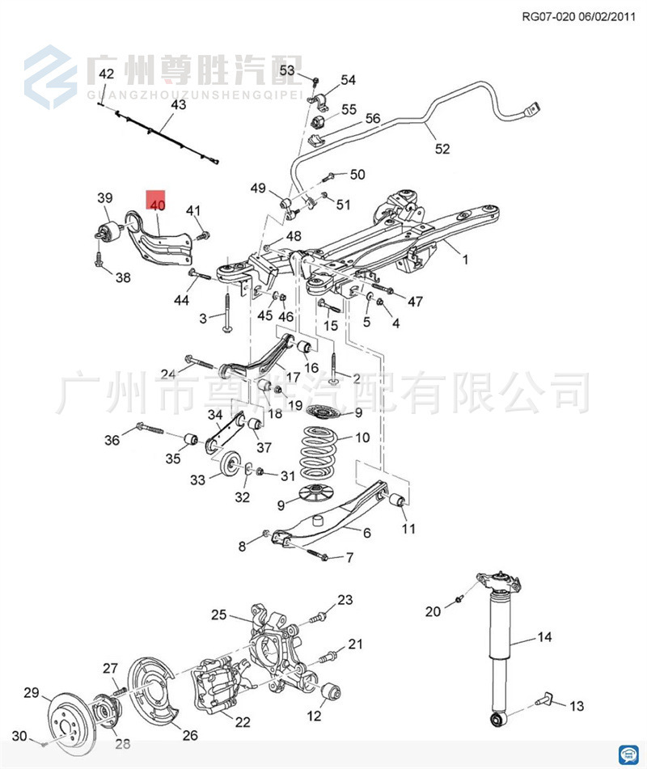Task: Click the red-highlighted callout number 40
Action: [x=156, y=205]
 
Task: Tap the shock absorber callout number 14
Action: [x=544, y=637]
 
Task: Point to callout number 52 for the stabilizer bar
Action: [x=442, y=149]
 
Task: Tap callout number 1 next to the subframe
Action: [x=464, y=260]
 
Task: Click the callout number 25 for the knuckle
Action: [x=219, y=615]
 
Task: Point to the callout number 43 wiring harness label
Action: [x=178, y=104]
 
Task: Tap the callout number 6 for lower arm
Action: [x=366, y=533]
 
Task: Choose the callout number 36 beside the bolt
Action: [x=112, y=440]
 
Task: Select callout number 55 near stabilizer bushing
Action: [x=348, y=110]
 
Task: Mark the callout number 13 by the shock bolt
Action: [x=576, y=706]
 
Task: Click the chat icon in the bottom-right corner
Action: [x=628, y=753]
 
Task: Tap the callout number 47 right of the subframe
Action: [x=415, y=302]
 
